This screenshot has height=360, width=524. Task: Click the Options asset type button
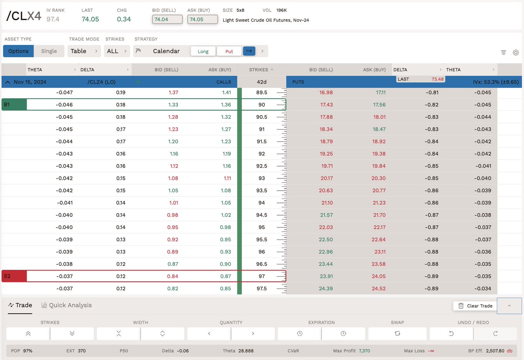(x=18, y=51)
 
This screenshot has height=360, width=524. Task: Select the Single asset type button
(x=49, y=51)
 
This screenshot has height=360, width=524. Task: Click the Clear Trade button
(x=475, y=306)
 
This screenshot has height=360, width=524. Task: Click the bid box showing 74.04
(x=167, y=19)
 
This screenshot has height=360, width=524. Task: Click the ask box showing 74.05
(x=202, y=19)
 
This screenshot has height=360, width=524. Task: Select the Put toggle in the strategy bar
(x=229, y=51)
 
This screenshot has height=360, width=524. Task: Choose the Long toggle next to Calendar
(x=203, y=51)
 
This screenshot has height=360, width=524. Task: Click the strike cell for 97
(x=262, y=276)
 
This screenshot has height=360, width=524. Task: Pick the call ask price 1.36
(x=226, y=105)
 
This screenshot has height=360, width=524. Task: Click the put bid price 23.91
(x=327, y=276)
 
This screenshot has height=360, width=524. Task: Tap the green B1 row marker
(x=14, y=105)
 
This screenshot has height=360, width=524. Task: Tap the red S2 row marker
(x=14, y=276)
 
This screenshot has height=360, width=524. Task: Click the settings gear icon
(x=516, y=52)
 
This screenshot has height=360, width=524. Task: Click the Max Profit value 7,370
(x=364, y=351)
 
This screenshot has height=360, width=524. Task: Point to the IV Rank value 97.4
(x=53, y=19)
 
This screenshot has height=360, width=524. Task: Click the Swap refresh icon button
(x=397, y=333)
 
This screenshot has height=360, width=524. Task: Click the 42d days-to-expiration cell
(x=262, y=82)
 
